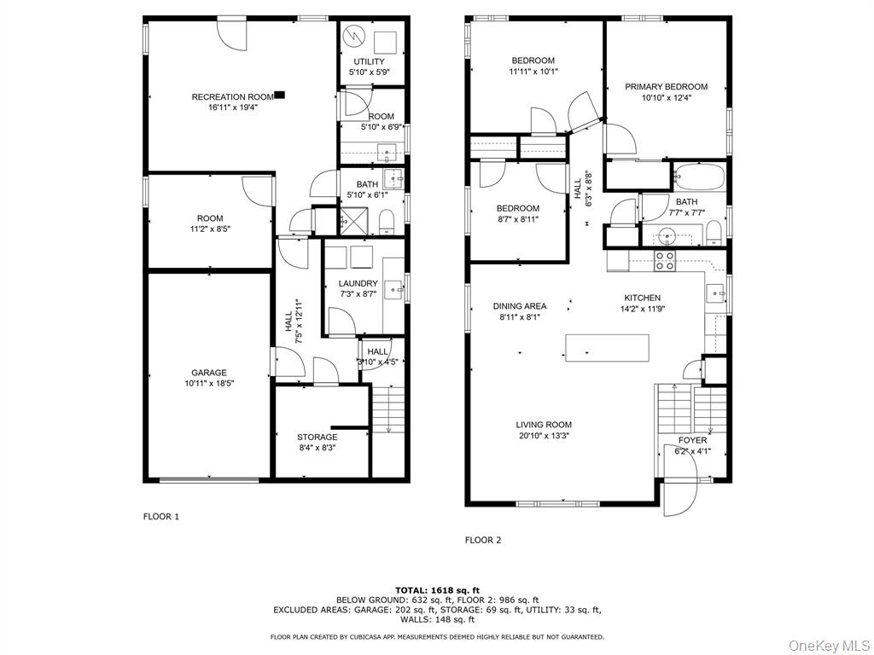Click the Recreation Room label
[x=231, y=97]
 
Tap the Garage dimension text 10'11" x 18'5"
[x=209, y=384]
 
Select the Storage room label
[x=317, y=438]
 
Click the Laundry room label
[x=358, y=284]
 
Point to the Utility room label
[x=369, y=61]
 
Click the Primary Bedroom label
[x=666, y=87]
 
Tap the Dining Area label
[x=519, y=306]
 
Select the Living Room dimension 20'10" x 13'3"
[x=543, y=436]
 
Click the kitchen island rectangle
[x=607, y=347]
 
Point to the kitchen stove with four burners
[x=665, y=261]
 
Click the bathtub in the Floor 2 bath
[x=698, y=177]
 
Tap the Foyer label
[x=692, y=440]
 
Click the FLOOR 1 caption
[x=160, y=516]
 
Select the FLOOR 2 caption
[x=482, y=540]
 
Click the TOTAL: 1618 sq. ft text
[x=437, y=590]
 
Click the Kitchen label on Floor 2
[x=642, y=298]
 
